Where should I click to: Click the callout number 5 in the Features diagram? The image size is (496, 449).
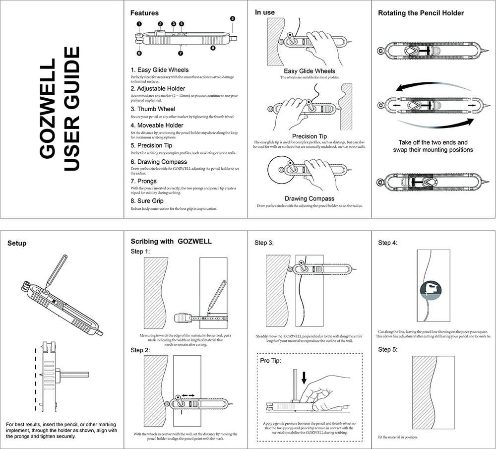pos(233,18)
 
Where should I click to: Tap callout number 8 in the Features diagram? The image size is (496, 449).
pos(213,48)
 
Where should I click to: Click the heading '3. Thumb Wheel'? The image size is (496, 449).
pos(153,109)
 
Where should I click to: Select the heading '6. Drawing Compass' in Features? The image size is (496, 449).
pos(159,162)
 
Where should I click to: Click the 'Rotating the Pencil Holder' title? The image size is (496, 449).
pos(421,13)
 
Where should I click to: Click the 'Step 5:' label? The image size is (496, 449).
pos(388,349)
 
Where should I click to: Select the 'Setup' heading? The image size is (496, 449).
pos(17,243)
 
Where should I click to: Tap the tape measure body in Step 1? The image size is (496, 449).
pos(183,318)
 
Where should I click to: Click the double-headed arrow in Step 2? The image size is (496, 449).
pos(188,395)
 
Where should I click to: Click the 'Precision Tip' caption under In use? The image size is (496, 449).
pos(309,136)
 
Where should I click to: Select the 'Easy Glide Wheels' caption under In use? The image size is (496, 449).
pos(309,71)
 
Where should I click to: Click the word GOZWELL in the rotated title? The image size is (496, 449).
pos(48,109)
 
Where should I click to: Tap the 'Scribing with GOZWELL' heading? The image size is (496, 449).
pos(171,242)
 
